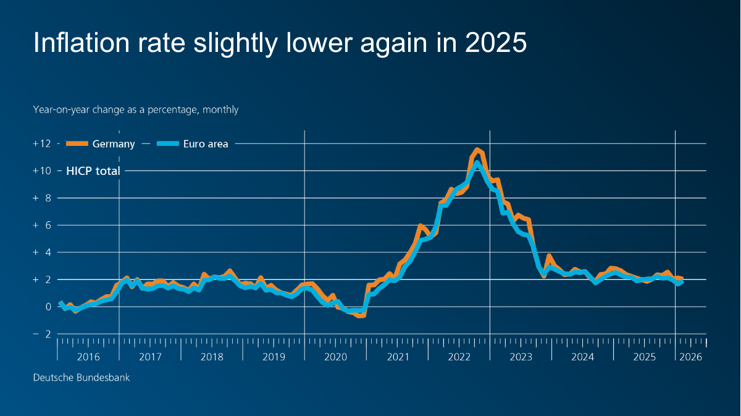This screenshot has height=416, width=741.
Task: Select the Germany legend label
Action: (113, 144)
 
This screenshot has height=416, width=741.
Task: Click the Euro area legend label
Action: (206, 144)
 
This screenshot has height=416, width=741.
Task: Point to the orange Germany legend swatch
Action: (77, 144)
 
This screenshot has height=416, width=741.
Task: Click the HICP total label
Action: (93, 171)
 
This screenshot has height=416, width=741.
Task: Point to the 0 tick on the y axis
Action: (47, 307)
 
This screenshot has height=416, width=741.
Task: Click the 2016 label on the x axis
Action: (88, 357)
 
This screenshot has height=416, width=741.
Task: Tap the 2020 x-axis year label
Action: (335, 357)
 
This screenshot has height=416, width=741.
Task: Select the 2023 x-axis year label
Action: (521, 357)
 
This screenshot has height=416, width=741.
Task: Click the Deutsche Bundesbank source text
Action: (82, 377)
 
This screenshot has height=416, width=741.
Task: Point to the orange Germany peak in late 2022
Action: (477, 150)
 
